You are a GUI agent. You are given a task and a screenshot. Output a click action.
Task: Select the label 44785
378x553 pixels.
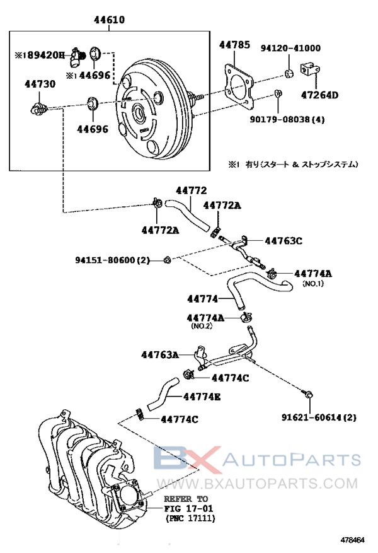[x=234, y=45]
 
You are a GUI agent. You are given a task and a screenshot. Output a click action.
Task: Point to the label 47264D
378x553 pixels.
[x=319, y=95]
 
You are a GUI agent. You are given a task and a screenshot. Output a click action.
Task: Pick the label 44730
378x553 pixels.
[x=37, y=83]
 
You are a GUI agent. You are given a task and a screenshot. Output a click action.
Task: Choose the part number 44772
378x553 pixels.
[x=191, y=190]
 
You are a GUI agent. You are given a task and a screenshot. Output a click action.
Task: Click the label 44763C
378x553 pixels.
[x=283, y=240]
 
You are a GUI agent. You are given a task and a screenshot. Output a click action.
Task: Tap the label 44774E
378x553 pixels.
[x=202, y=397]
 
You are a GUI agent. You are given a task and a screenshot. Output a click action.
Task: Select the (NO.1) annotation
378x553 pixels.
[x=313, y=284]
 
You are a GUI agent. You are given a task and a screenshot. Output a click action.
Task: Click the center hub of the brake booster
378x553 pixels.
[x=139, y=114]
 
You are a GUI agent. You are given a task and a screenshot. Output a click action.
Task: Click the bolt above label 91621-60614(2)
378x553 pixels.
[x=308, y=395]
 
